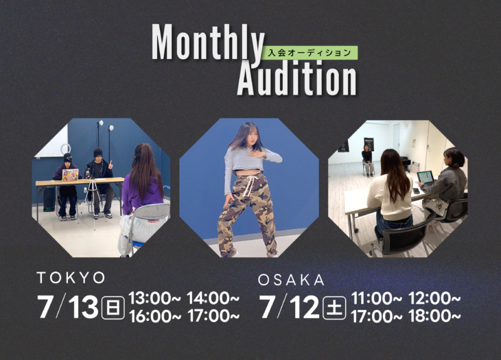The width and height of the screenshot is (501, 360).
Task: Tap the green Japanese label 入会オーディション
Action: point(310,53)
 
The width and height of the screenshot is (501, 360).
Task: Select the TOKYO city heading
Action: point(71,278)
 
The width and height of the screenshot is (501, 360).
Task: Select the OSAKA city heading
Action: point(291,280)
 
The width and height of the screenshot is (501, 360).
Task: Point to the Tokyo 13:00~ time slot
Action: point(154,298)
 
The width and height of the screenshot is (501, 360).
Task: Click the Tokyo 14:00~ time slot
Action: point(213,298)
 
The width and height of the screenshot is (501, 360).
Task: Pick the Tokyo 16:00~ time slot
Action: point(155,316)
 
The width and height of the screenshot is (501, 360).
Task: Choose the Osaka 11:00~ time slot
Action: point(377,299)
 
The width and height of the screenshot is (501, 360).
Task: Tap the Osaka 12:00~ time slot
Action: point(434,299)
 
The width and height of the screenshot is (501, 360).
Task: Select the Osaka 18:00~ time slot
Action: point(434,316)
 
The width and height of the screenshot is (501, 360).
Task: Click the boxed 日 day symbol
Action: point(113,308)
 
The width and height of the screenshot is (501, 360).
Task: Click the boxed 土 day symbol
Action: point(334,308)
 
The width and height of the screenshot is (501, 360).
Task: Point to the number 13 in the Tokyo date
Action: point(83,307)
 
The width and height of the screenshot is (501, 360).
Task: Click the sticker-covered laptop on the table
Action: point(70,175)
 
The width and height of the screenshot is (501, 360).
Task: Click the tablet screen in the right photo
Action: point(426,178)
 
